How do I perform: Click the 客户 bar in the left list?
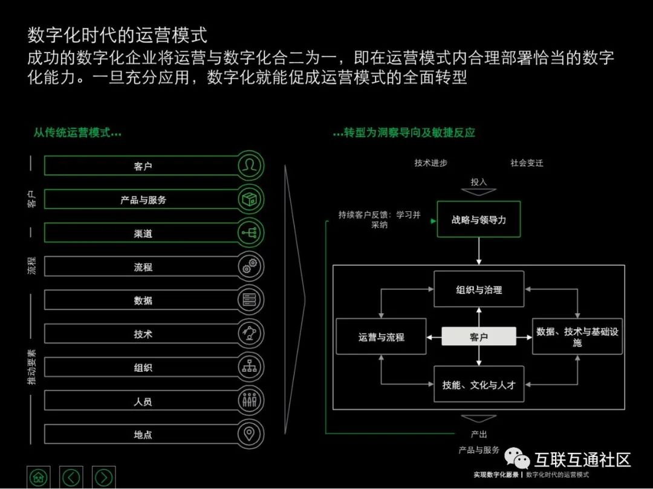click(x=143, y=166)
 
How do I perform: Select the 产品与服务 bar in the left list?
click(x=143, y=200)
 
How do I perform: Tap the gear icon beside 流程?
click(x=250, y=267)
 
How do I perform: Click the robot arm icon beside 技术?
click(x=250, y=333)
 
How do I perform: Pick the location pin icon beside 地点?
click(x=250, y=433)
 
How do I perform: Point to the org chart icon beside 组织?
click(x=250, y=366)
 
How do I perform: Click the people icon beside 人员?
click(x=250, y=400)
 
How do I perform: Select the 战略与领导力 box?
click(x=479, y=220)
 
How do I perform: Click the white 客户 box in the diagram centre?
click(x=479, y=337)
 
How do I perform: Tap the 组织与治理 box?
click(x=479, y=290)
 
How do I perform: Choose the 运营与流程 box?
click(x=381, y=337)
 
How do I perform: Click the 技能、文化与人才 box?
click(x=479, y=385)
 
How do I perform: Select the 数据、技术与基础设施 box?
click(x=577, y=337)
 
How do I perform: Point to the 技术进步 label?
click(x=431, y=163)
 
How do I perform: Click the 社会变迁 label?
click(x=527, y=163)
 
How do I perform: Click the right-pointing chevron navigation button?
click(x=103, y=477)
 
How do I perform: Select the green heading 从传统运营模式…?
click(x=77, y=133)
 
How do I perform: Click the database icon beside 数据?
click(x=250, y=300)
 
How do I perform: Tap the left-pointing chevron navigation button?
click(x=71, y=477)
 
